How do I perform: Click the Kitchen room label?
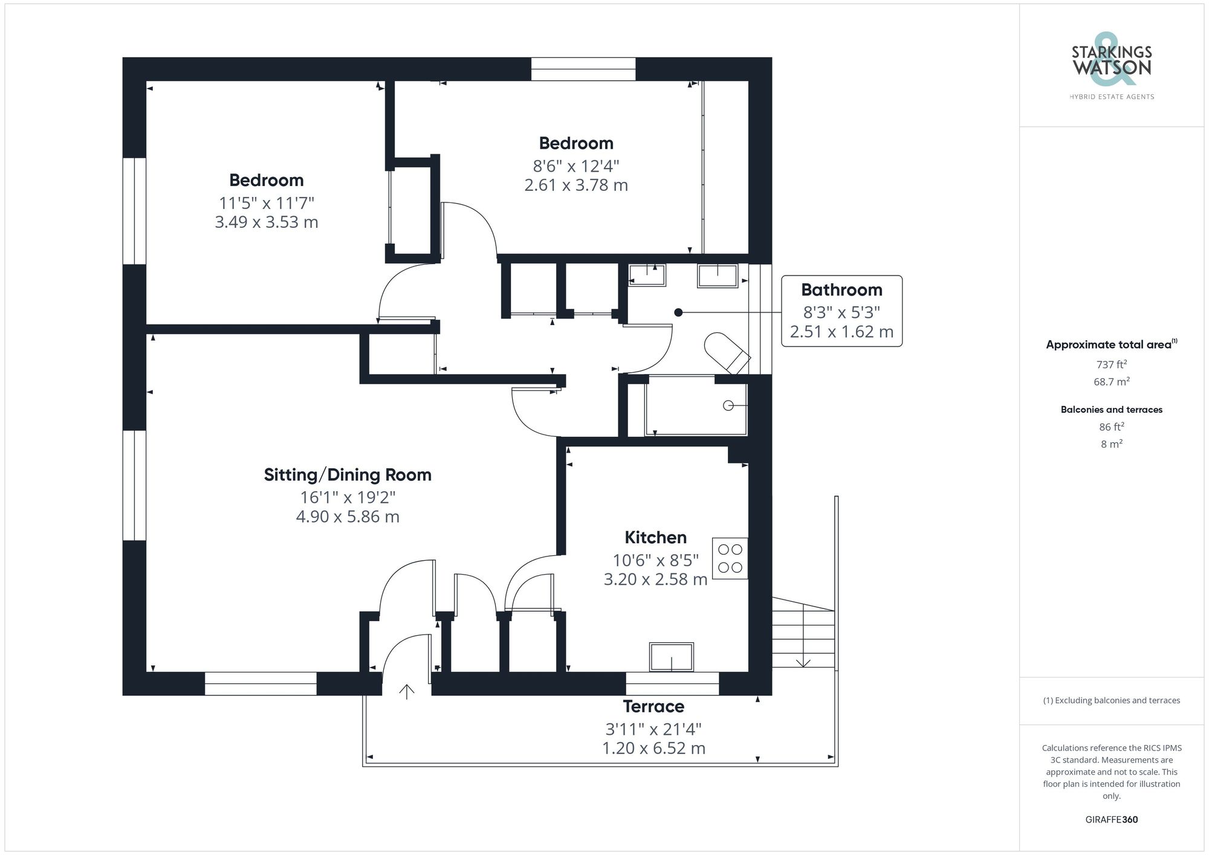point(655,537)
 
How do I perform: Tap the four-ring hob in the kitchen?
point(730,558)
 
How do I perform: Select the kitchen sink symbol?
point(671,656)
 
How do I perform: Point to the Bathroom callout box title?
point(841,290)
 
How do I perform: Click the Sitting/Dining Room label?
point(348,475)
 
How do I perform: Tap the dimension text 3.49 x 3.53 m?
point(267,222)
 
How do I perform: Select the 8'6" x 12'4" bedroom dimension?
point(575,166)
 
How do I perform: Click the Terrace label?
point(653,706)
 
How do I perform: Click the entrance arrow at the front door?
point(407,691)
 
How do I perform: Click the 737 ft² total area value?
point(1111,364)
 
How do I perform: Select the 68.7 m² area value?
point(1111,382)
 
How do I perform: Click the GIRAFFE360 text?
point(1111,820)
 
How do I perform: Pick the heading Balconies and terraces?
point(1111,410)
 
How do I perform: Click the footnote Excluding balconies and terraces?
point(1111,700)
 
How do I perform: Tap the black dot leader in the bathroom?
point(678,312)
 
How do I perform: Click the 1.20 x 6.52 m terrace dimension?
point(653,748)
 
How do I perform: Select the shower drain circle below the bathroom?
point(728,405)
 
